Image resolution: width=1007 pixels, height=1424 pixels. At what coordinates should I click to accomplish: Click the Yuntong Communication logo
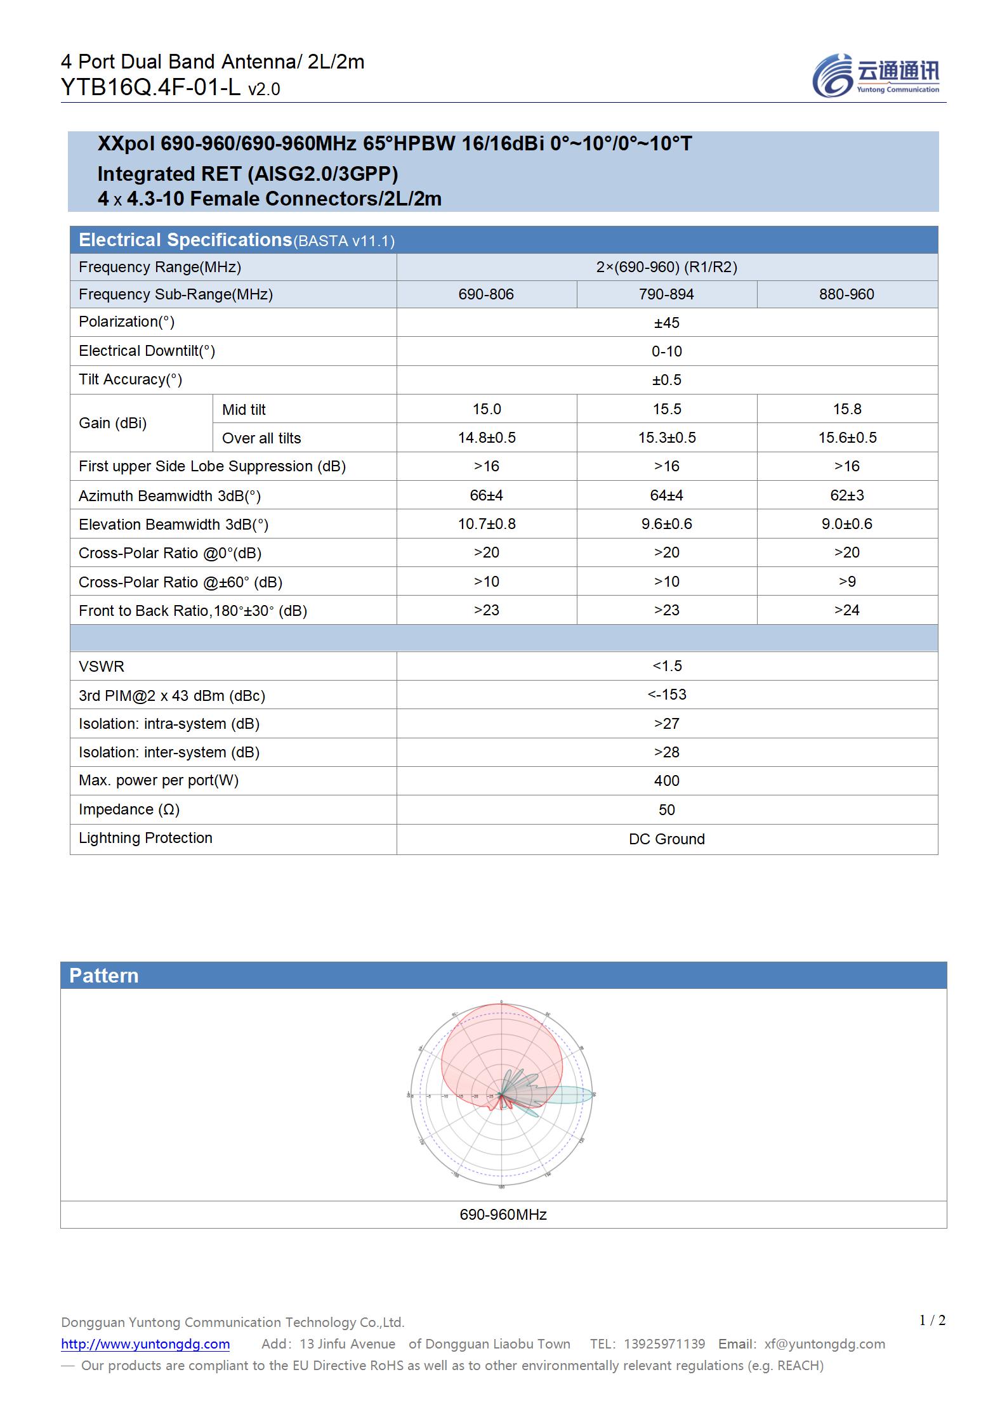pos(876,75)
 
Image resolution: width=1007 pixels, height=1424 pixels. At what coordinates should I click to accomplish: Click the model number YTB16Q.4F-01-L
pos(150,88)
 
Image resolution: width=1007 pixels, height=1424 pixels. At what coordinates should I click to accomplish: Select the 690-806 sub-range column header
pos(486,294)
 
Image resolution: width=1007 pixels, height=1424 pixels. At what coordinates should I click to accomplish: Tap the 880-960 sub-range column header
pos(846,294)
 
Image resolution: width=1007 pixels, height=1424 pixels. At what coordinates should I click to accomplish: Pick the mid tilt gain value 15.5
pos(666,409)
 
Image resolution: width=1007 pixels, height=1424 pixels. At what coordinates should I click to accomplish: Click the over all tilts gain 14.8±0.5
pos(487,438)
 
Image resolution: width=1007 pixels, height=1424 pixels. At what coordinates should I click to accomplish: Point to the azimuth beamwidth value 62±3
pos(846,495)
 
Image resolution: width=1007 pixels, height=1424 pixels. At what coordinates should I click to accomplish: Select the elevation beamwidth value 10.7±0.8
pos(487,524)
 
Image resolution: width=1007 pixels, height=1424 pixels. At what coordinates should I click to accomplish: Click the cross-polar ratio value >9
pos(846,582)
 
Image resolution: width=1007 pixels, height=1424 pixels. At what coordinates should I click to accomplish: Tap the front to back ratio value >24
pos(846,610)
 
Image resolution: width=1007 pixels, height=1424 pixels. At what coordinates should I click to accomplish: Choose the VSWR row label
pos(102,667)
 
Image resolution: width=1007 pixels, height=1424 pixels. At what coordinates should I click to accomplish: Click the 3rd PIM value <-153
pos(666,695)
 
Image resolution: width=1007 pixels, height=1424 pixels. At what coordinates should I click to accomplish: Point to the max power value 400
pos(666,781)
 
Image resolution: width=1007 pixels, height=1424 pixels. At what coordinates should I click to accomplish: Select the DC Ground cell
pos(666,839)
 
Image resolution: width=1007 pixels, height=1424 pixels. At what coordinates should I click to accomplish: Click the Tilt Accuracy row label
pos(130,379)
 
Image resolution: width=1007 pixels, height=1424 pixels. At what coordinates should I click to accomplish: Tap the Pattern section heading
pos(103,976)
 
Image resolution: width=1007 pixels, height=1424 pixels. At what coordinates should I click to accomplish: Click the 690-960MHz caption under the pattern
pos(503,1214)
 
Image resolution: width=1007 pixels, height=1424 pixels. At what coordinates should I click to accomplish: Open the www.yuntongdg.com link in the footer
pos(145,1344)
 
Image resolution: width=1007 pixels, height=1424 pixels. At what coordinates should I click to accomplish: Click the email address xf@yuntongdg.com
pos(824,1344)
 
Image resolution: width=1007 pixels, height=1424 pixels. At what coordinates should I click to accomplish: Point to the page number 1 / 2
pos(932,1321)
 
